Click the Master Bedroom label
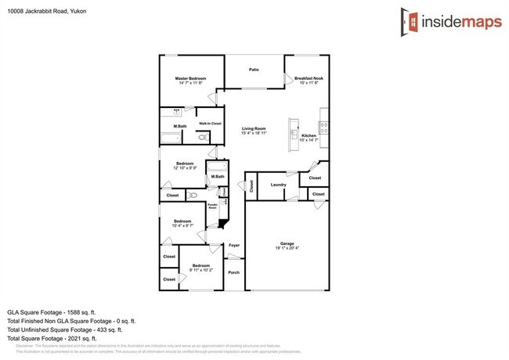click(190, 79)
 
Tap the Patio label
click(254, 70)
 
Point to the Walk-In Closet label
click(209, 124)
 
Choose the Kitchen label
click(309, 136)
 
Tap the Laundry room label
click(277, 185)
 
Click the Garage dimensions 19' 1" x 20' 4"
click(287, 247)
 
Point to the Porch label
click(233, 272)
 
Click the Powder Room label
click(212, 207)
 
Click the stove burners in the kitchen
click(323, 128)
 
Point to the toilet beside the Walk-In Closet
click(202, 138)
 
